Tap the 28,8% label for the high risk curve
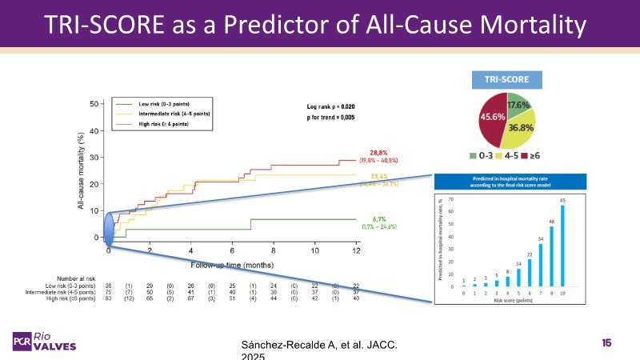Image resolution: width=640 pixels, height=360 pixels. (379, 152)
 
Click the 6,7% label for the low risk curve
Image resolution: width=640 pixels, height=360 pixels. (378, 218)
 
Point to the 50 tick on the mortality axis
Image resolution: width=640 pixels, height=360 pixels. (95, 104)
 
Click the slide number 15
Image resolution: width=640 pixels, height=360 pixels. (606, 342)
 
